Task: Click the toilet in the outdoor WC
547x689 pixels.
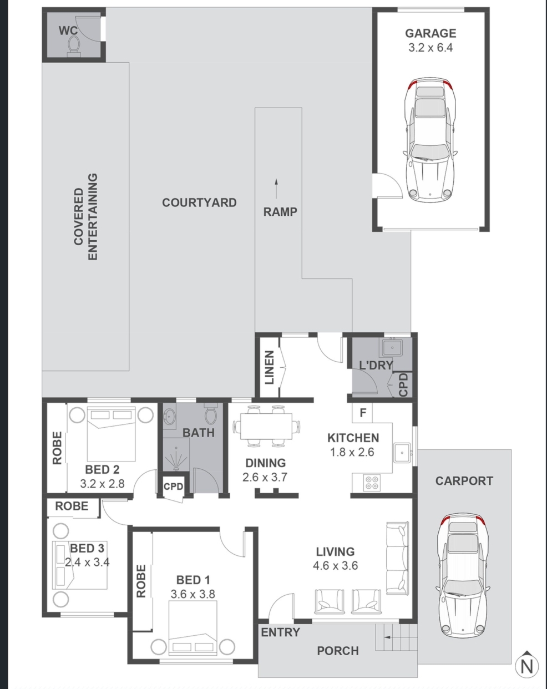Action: (73, 46)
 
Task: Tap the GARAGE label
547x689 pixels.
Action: (430, 33)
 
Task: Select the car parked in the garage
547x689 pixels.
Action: (430, 139)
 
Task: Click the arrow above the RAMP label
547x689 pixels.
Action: (276, 190)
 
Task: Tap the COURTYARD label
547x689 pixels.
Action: (199, 202)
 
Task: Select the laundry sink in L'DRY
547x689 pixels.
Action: (391, 348)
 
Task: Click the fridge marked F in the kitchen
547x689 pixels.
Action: (362, 413)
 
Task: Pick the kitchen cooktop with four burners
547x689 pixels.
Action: (372, 483)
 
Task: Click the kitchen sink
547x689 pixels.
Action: (402, 453)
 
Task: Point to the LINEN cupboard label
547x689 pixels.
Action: (269, 367)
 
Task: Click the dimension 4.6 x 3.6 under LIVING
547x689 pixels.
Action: (335, 565)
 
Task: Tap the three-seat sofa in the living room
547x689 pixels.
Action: (397, 559)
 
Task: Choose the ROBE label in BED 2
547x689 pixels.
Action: (57, 448)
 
